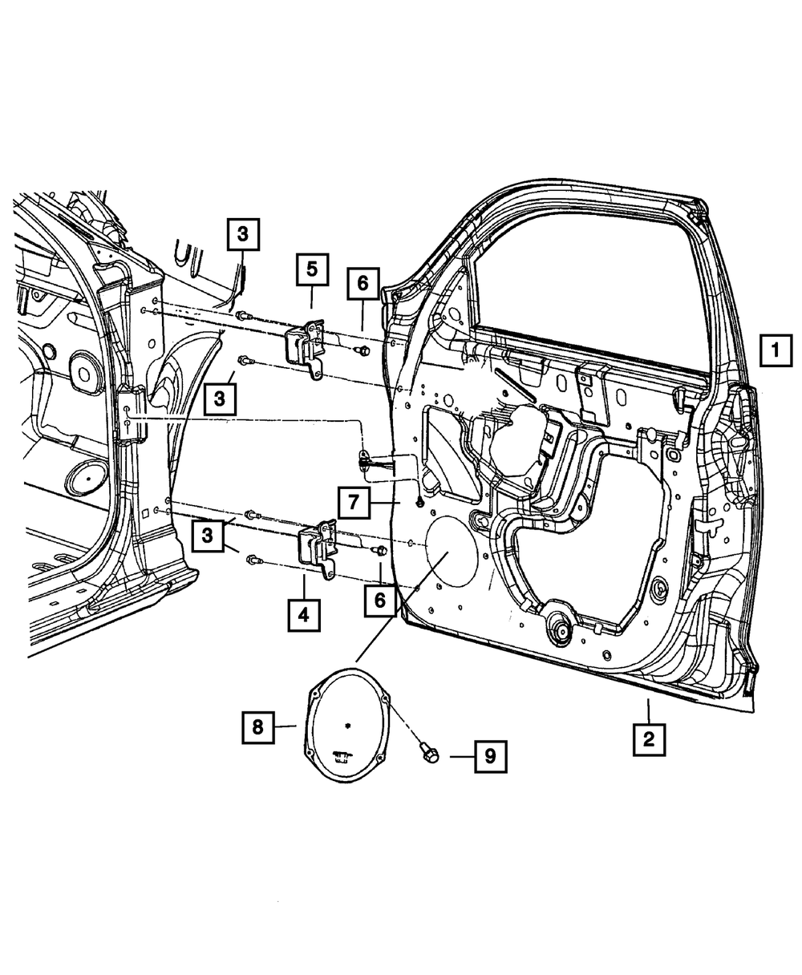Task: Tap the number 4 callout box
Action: [305, 616]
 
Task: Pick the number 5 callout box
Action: [311, 269]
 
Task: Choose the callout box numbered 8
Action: [257, 726]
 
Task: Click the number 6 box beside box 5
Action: [363, 283]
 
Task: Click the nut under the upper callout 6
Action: [363, 350]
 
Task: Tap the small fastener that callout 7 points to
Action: [419, 503]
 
